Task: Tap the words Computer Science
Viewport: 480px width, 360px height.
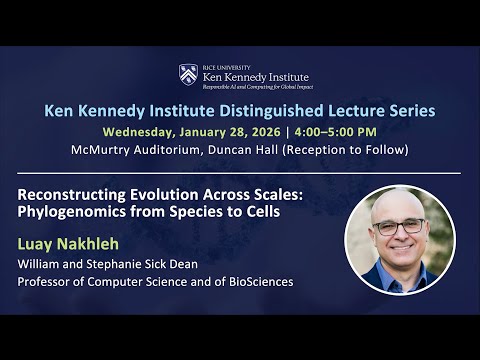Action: point(145,282)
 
